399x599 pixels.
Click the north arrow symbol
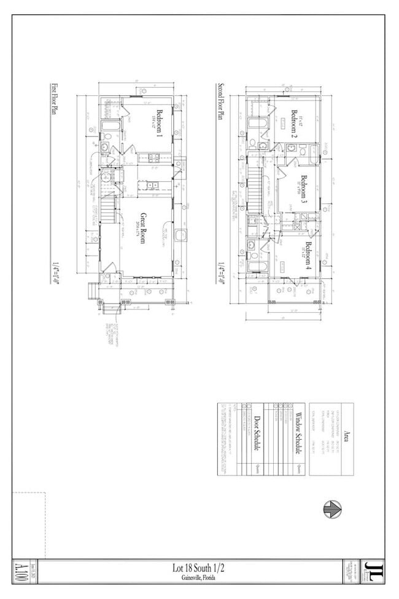[x=332, y=509]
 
